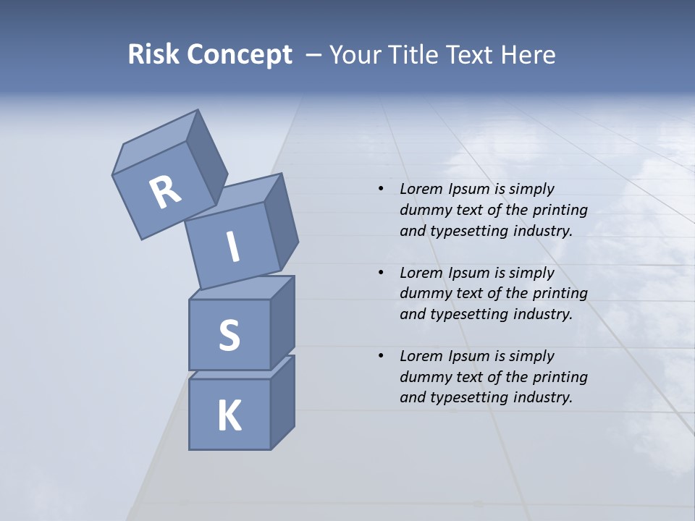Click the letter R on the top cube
point(165,192)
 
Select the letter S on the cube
point(229,335)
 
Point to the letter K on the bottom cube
point(229,416)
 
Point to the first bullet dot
point(381,190)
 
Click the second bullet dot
point(381,273)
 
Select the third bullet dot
point(381,356)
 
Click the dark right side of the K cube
point(282,405)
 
